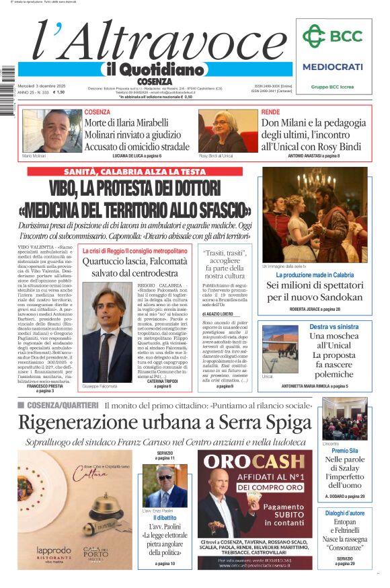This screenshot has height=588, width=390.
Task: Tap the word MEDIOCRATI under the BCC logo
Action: click(x=332, y=67)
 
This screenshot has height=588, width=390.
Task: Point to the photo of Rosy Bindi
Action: click(x=227, y=131)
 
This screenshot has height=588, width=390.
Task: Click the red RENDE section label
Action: click(x=270, y=112)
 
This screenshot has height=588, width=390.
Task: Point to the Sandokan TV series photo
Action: click(x=315, y=215)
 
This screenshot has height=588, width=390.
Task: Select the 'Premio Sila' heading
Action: click(x=344, y=451)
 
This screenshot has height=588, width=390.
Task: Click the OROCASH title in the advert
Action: click(x=254, y=462)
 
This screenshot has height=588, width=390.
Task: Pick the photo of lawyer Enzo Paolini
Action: click(x=165, y=486)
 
